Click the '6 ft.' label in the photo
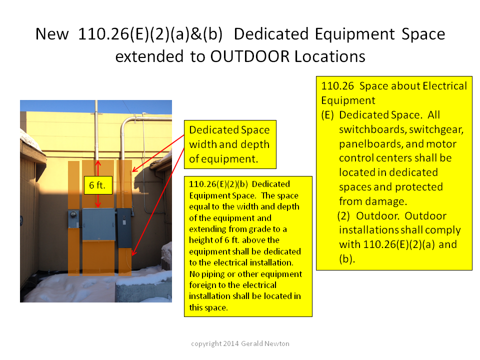point(98,185)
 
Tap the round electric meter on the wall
point(73,214)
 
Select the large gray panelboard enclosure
point(98,224)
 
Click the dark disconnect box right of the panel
point(124,228)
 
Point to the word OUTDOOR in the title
point(250,56)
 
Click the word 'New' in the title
point(52,34)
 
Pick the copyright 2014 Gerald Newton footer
point(240,343)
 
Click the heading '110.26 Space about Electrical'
point(394,86)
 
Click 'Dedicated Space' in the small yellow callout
point(229,130)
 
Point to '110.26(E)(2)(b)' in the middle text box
point(218,184)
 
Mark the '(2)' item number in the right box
point(343,216)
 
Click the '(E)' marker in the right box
point(327,115)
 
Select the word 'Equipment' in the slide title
point(355,34)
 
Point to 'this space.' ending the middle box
point(208,307)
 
